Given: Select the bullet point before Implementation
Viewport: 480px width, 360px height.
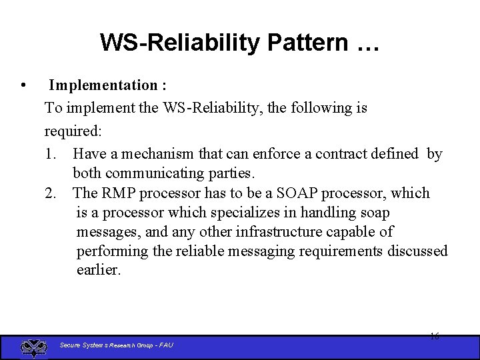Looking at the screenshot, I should pyautogui.click(x=24, y=85).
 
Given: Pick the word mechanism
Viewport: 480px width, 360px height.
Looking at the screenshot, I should pyautogui.click(x=157, y=154).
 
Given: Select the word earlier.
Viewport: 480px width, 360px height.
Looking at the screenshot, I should pyautogui.click(x=99, y=271).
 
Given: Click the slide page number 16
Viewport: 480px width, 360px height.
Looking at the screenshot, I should pyautogui.click(x=434, y=337).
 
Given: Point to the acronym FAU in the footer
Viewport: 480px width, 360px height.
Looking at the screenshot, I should pyautogui.click(x=166, y=345).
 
